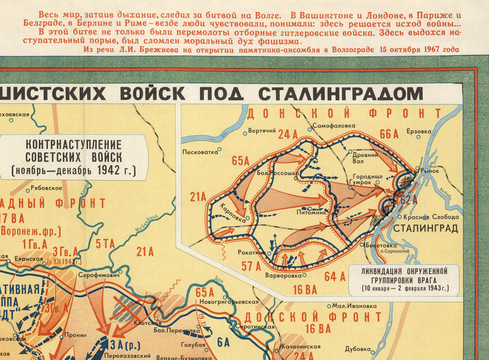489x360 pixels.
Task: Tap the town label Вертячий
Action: tap(262, 131)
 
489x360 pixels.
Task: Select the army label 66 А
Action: tap(389, 134)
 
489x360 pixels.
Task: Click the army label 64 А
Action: tap(335, 276)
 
